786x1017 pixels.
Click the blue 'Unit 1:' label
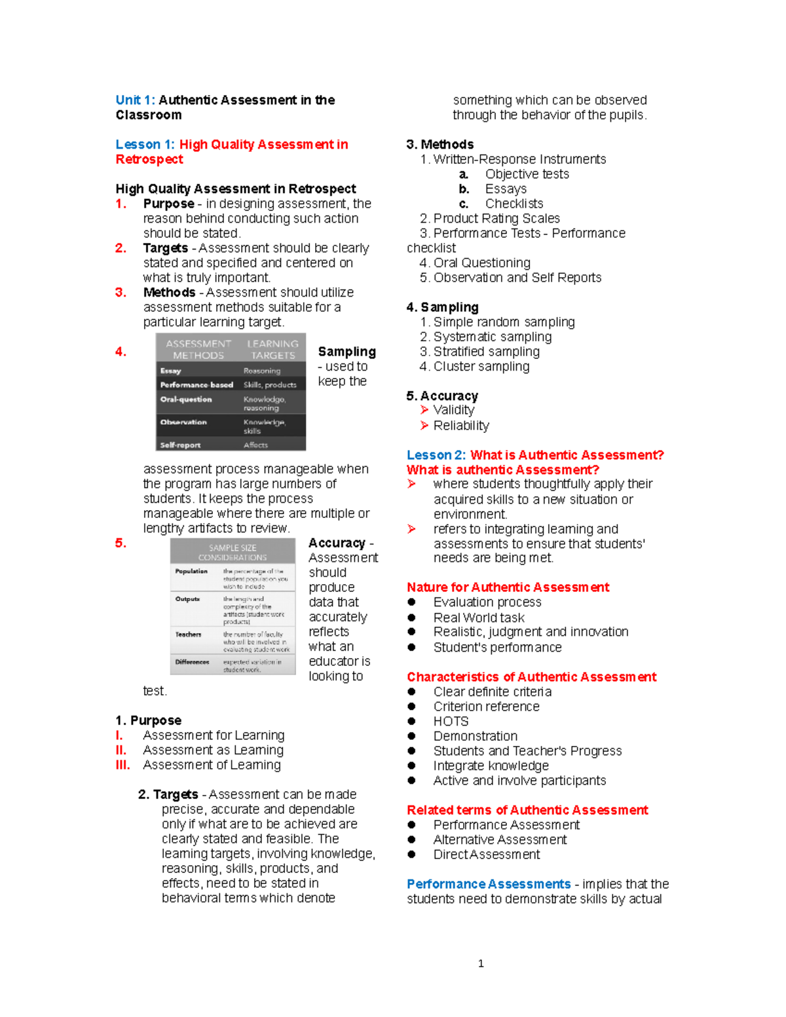pyautogui.click(x=135, y=100)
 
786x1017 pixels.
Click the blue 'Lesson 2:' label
pyautogui.click(x=436, y=455)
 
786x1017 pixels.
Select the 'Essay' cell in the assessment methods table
pyautogui.click(x=170, y=371)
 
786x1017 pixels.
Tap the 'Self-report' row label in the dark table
pyautogui.click(x=180, y=445)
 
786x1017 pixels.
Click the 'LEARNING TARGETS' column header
pyautogui.click(x=272, y=350)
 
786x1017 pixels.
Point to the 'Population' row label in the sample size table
pyautogui.click(x=191, y=571)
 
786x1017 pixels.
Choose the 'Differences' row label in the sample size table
pyautogui.click(x=192, y=662)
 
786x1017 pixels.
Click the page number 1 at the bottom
pyautogui.click(x=481, y=963)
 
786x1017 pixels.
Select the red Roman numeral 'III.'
pyautogui.click(x=122, y=765)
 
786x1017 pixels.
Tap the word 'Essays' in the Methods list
pyautogui.click(x=506, y=189)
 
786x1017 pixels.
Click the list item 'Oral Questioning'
pyautogui.click(x=481, y=263)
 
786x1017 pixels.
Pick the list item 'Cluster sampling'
pyautogui.click(x=481, y=367)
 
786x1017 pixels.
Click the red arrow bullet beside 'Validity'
pyautogui.click(x=424, y=410)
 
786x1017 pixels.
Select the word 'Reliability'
pyautogui.click(x=461, y=426)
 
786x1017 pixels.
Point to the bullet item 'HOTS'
pyautogui.click(x=451, y=722)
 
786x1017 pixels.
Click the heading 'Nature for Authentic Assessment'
pyautogui.click(x=508, y=587)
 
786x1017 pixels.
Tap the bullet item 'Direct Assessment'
pyautogui.click(x=487, y=855)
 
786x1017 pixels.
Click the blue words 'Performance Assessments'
pyautogui.click(x=489, y=884)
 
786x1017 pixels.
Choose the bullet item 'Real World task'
pyautogui.click(x=479, y=618)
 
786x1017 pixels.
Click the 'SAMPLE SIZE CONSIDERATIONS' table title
pyautogui.click(x=233, y=552)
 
